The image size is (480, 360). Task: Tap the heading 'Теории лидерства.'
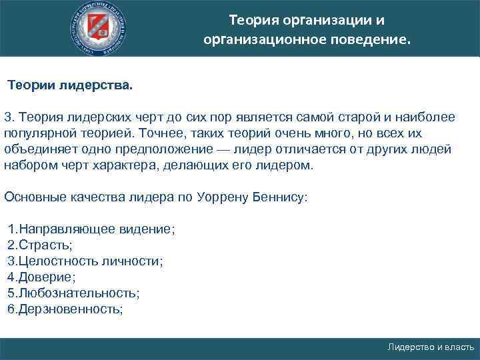click(70, 86)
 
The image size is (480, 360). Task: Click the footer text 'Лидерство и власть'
click(431, 347)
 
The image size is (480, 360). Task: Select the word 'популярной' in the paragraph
click(37, 133)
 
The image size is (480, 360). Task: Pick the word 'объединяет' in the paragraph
click(35, 149)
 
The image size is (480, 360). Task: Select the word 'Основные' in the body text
click(31, 197)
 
